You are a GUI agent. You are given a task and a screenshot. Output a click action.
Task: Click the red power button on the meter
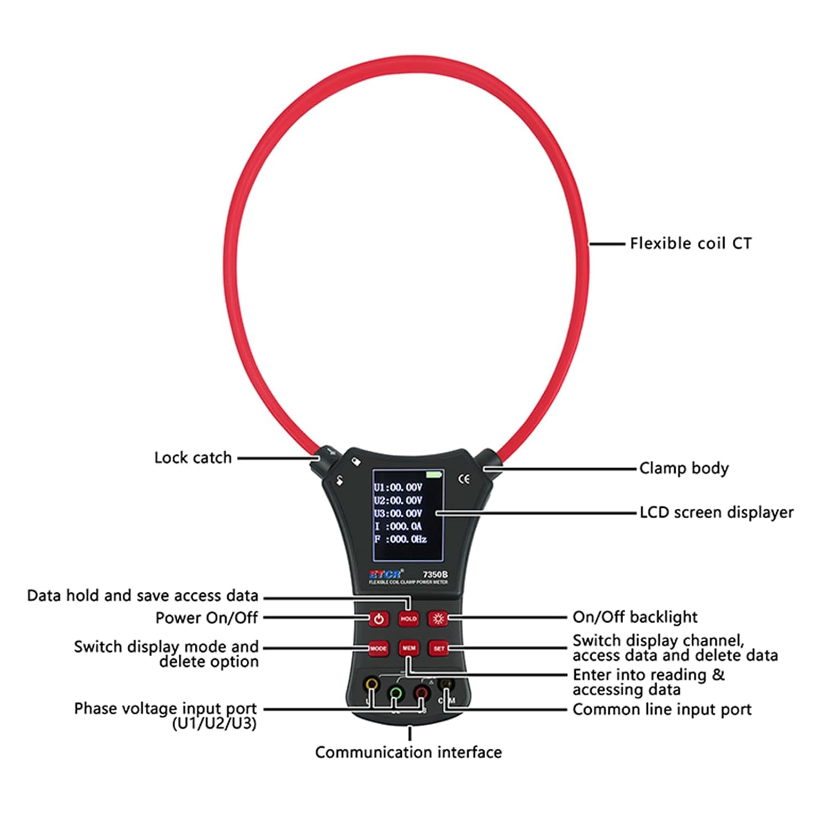coord(379,619)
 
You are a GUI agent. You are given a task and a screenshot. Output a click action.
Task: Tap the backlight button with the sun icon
coord(439,619)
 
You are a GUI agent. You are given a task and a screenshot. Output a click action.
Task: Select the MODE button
coord(378,649)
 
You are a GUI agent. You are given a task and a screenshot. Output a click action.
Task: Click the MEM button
coord(409,648)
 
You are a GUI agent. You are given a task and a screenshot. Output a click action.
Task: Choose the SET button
coord(439,649)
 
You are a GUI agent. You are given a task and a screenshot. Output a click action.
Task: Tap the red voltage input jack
coord(421,692)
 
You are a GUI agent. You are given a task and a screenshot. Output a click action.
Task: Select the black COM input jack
coord(445,685)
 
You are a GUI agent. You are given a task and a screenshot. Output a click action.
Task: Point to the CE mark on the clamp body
coord(465,479)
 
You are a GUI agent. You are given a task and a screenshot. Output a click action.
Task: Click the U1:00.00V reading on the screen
coord(398,487)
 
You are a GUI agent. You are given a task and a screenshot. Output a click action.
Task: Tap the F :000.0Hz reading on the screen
coord(400,539)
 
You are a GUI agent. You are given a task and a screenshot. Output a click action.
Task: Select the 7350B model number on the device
coord(435,575)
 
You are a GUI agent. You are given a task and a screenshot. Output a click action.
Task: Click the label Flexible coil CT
coord(691,243)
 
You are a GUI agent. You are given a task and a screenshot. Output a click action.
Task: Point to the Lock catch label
coord(193,458)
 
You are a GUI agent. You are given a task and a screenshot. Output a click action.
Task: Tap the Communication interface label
coord(408,752)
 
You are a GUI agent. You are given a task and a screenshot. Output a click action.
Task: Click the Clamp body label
coord(684,469)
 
